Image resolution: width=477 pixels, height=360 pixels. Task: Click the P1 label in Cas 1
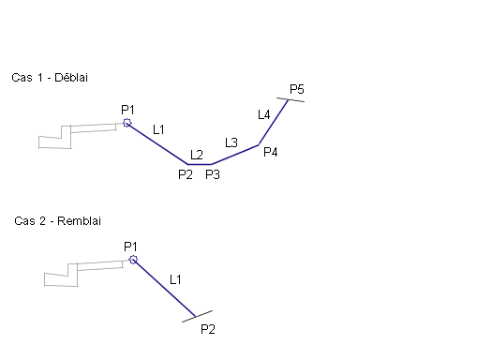tap(127, 110)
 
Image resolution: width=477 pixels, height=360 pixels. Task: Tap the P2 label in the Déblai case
tap(186, 174)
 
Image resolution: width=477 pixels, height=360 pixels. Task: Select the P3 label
tap(213, 174)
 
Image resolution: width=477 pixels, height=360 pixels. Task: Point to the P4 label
tap(271, 152)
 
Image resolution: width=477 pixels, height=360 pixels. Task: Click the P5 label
tap(297, 89)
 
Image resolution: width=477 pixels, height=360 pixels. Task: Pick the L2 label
tap(197, 155)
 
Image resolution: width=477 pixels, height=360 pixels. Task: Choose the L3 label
tap(231, 142)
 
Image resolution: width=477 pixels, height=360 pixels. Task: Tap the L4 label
tap(264, 114)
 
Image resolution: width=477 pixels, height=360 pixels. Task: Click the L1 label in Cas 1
tap(158, 129)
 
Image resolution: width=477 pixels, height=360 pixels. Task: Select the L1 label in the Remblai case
tap(175, 279)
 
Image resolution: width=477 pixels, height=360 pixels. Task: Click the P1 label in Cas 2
tap(130, 247)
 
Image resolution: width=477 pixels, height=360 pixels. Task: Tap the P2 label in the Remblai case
tap(208, 329)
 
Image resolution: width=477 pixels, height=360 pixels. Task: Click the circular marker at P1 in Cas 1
tap(127, 123)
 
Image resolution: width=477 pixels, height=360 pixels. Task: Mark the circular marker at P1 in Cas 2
tap(133, 260)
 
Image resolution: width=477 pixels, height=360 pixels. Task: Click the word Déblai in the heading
tap(71, 78)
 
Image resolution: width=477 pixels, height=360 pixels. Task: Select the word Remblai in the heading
tap(79, 221)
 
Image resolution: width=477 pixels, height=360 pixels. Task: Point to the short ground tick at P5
tap(291, 99)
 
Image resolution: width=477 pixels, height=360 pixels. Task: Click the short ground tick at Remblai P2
tap(197, 316)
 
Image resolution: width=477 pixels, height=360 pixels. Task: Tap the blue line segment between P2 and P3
tap(200, 164)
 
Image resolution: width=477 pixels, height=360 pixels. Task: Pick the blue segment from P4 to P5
tap(274, 122)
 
